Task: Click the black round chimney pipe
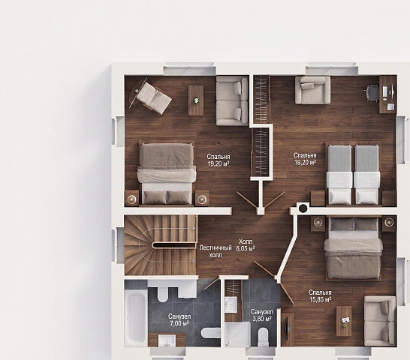[303, 208]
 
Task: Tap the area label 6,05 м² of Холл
[246, 249]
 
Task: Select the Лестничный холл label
[216, 251]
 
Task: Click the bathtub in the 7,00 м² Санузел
[136, 318]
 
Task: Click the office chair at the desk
[372, 94]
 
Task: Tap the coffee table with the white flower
[196, 100]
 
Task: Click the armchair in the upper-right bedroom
[312, 90]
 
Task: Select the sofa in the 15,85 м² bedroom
[380, 321]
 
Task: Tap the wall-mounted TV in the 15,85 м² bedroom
[287, 330]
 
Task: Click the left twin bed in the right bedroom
[339, 175]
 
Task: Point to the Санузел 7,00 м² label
[179, 320]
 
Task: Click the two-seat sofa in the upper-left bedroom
[232, 100]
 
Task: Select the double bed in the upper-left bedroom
[167, 173]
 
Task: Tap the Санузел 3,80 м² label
[262, 315]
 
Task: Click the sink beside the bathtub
[167, 340]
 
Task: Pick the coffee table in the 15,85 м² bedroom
[344, 321]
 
